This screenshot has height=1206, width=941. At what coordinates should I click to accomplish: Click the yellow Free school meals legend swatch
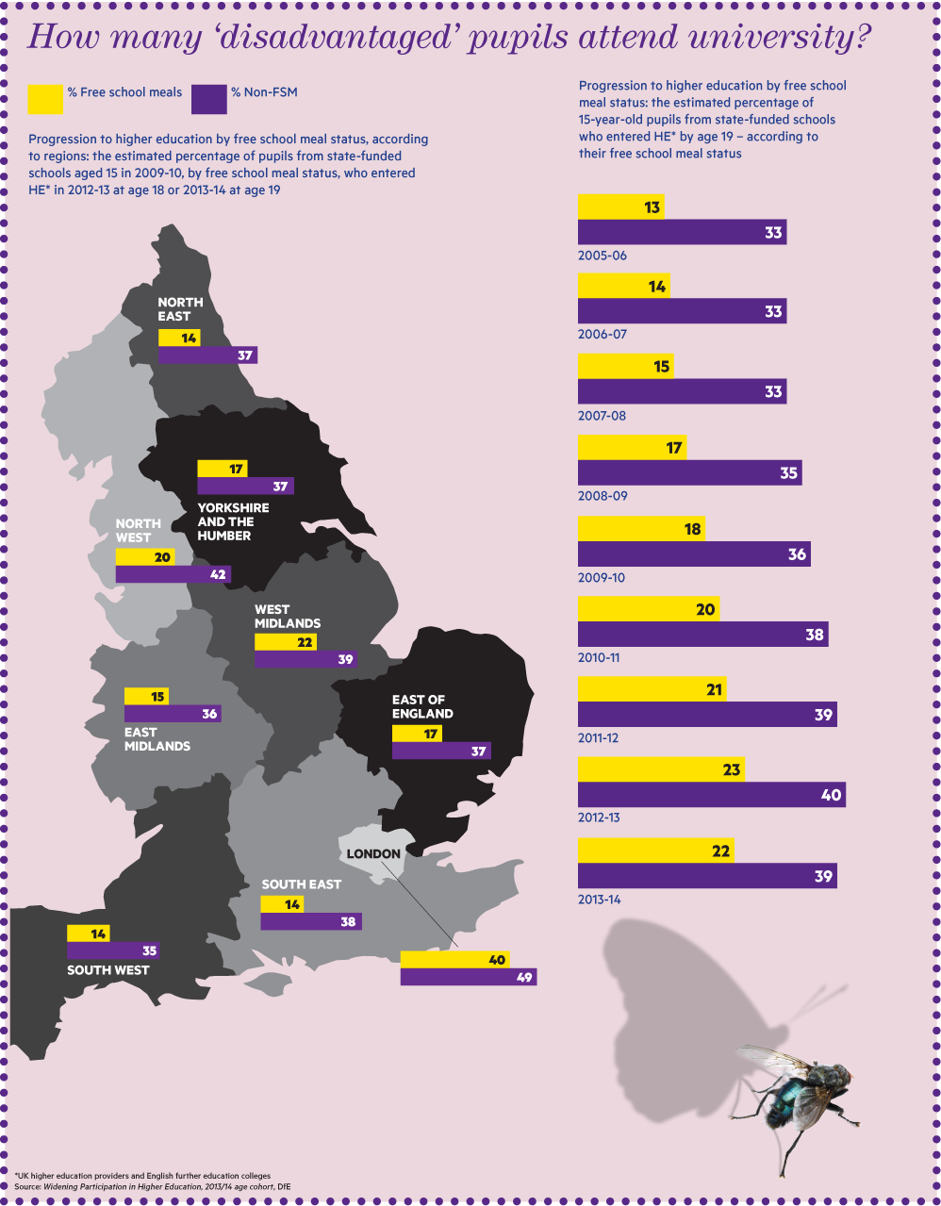point(45,99)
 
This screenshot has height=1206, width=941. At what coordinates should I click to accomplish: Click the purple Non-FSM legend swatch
point(208,99)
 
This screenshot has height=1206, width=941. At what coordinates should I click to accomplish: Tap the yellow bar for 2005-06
point(620,207)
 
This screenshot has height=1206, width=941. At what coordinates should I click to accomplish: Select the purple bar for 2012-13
point(711,795)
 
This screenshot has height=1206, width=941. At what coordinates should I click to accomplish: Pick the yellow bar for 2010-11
point(648,609)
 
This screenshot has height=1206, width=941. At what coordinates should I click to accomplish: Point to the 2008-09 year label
point(603,496)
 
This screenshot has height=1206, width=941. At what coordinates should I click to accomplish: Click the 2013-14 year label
point(600,900)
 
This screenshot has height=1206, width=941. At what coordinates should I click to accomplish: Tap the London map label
point(373,853)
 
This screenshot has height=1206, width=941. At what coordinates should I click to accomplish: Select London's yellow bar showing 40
point(454,960)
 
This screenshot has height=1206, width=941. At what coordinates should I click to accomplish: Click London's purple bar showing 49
point(468,978)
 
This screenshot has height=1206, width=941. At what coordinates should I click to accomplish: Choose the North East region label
point(180,309)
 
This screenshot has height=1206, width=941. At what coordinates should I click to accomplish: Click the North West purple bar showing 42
point(173,574)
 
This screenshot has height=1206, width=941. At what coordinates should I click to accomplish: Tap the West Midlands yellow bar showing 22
point(285,642)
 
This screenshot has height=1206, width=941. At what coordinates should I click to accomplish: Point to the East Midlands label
point(157,739)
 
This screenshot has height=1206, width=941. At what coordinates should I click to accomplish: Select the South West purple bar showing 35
point(112,950)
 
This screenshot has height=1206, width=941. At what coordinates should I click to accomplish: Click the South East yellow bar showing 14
point(282,904)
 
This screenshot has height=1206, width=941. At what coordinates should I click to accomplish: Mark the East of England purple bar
point(440,752)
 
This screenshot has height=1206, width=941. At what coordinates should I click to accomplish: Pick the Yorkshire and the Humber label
point(233,521)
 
